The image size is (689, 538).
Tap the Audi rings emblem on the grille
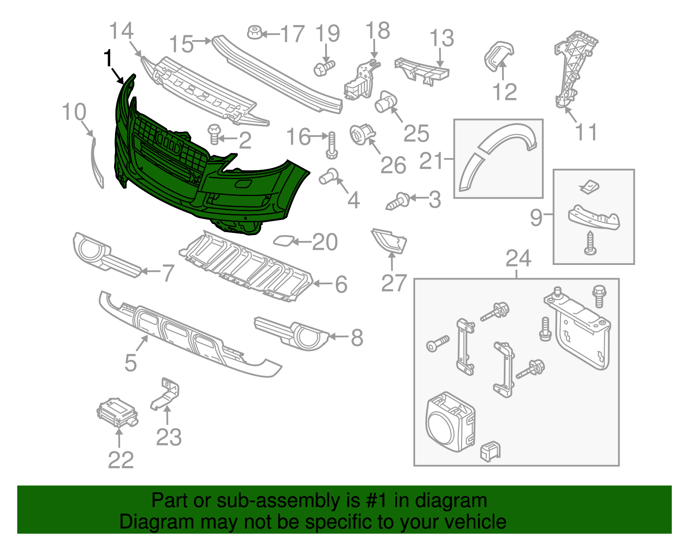(x=168, y=142)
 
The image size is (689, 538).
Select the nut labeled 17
(x=254, y=32)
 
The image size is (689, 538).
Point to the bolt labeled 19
(x=324, y=68)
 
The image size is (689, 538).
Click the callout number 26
(x=393, y=165)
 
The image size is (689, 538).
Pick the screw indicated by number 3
(x=398, y=201)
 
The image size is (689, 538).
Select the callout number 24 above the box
(x=518, y=258)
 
